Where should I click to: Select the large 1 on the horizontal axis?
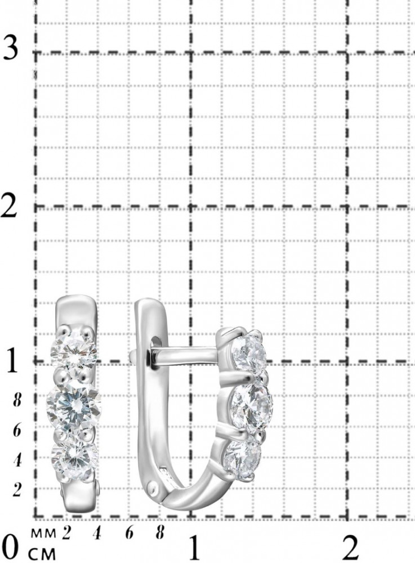[195, 548]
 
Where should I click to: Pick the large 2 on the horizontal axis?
[351, 548]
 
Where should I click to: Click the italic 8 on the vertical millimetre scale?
[16, 400]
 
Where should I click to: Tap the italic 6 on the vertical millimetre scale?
[16, 431]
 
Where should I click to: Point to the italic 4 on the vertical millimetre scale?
[16, 461]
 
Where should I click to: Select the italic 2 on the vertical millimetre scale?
[16, 490]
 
